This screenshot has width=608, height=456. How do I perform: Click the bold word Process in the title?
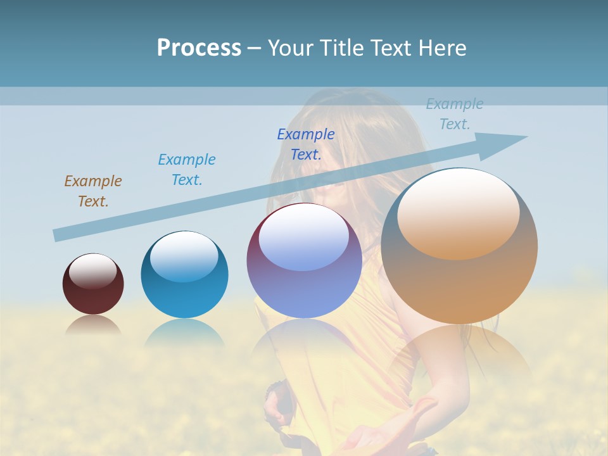point(199,48)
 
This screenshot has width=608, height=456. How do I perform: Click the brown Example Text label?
point(93,191)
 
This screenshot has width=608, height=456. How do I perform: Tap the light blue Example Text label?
point(187,169)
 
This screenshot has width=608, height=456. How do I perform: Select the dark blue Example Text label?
point(306,144)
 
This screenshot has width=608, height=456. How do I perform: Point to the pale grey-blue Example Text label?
point(455,114)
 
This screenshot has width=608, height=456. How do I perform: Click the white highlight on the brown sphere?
point(92,271)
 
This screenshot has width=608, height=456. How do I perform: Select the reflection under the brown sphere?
point(93,325)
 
